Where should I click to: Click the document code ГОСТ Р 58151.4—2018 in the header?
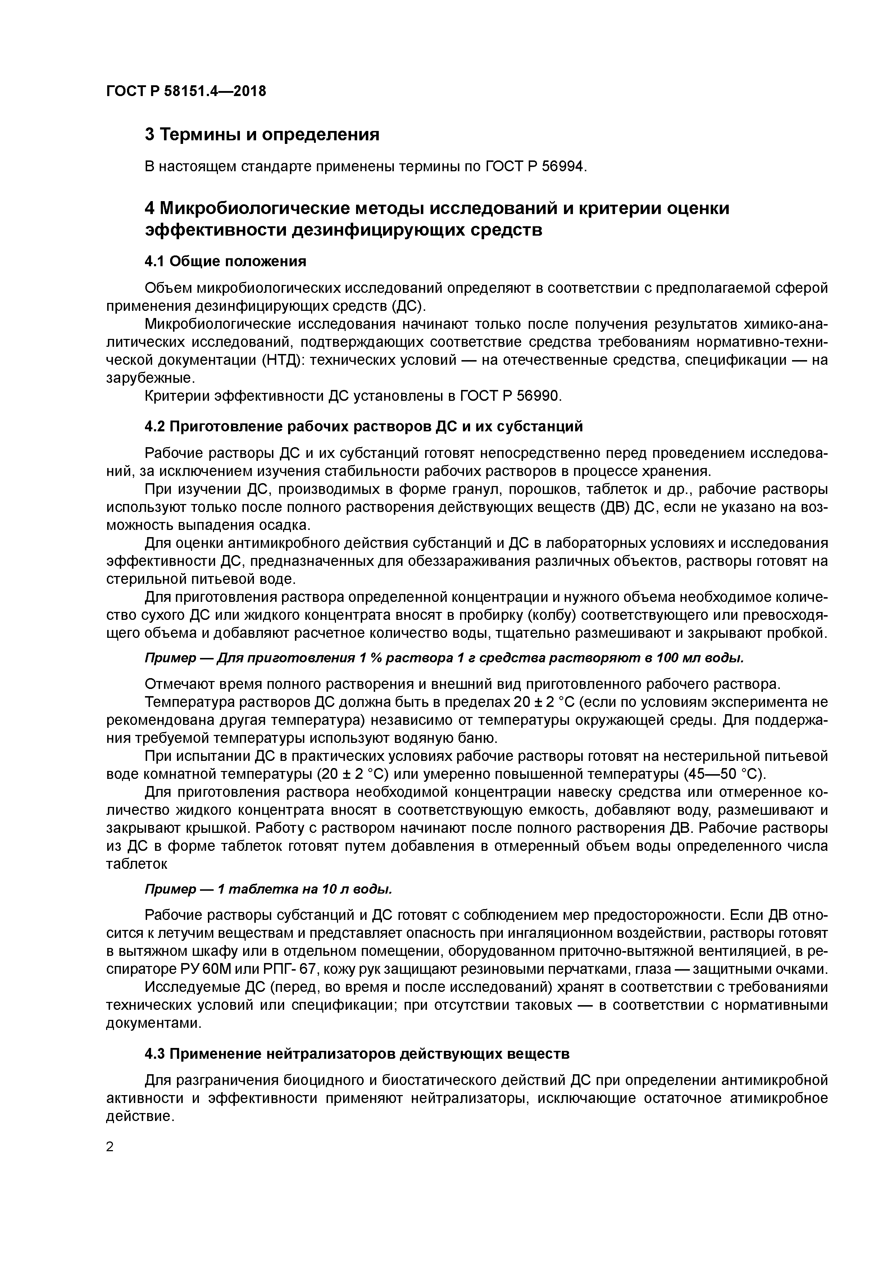186,91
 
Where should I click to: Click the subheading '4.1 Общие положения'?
225,261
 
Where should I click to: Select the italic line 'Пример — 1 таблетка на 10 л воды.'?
268,889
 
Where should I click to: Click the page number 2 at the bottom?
110,1147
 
